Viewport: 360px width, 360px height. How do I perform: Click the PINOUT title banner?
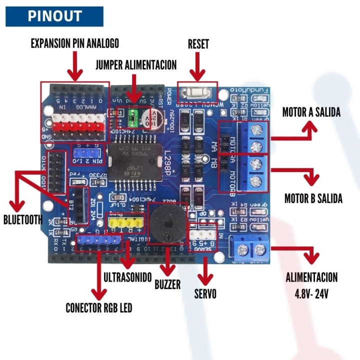point(54,16)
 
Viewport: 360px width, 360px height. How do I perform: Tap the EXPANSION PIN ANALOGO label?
point(75,43)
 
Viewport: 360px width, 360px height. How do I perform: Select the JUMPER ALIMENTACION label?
point(136,65)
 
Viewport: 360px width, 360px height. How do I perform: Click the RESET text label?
point(198,44)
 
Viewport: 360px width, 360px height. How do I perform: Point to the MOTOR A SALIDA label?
point(311,112)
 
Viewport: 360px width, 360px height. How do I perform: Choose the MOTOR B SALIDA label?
point(313,198)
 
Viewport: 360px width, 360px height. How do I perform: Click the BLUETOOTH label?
point(22,219)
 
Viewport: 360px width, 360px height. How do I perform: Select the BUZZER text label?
point(167,284)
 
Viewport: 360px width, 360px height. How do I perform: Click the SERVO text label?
point(205,294)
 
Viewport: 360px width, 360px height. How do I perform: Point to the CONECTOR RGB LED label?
point(99,308)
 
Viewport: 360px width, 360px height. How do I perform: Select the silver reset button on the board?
point(197,92)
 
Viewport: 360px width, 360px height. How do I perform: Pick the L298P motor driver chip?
point(124,158)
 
